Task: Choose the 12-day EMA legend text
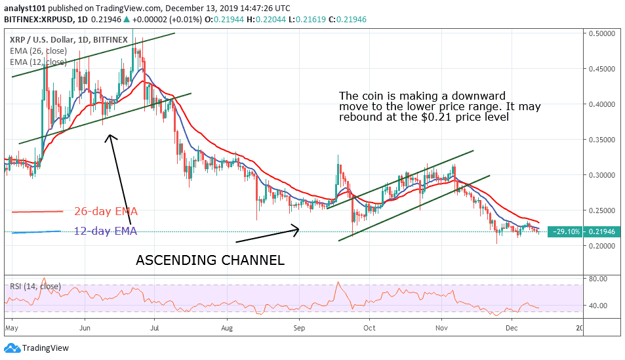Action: [x=106, y=231]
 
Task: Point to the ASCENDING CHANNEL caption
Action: [x=210, y=260]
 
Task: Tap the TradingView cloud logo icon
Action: [x=12, y=348]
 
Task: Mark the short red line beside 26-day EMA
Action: [x=37, y=211]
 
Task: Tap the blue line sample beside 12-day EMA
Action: [x=37, y=231]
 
